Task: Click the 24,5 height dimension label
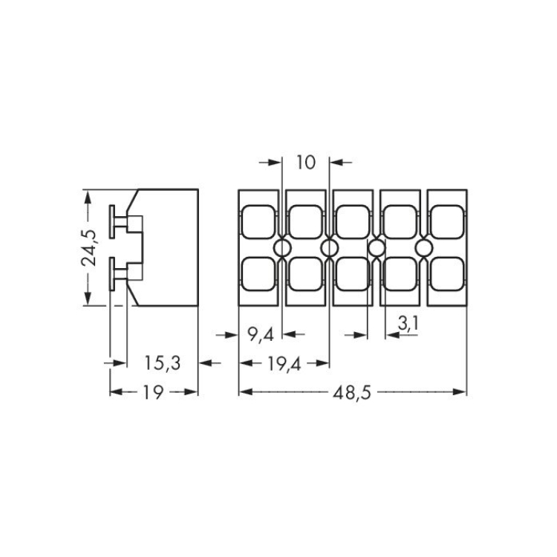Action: [89, 247]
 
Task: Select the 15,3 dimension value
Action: [163, 363]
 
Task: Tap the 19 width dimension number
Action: [153, 392]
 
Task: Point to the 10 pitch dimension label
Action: [305, 163]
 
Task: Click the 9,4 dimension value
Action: [261, 334]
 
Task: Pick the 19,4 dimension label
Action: [284, 364]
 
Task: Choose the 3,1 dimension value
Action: [408, 323]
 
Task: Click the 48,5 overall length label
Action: [352, 393]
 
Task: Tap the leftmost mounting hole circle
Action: [282, 247]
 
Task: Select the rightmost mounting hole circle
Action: [424, 247]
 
